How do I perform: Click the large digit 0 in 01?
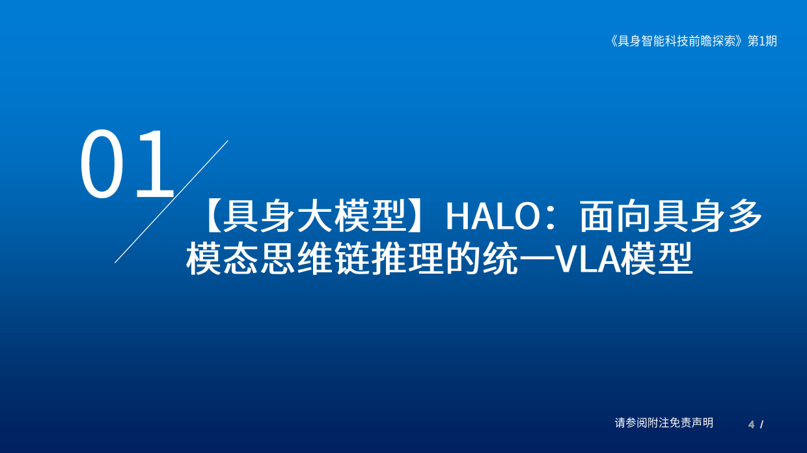tap(102, 164)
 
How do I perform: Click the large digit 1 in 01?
tap(155, 164)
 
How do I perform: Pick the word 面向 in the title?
tap(616, 216)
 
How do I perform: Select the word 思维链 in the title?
tap(316, 259)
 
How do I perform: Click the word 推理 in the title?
tap(408, 259)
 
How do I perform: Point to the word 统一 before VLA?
tap(519, 259)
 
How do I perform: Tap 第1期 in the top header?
tap(762, 41)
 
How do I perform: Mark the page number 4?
tap(751, 424)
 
